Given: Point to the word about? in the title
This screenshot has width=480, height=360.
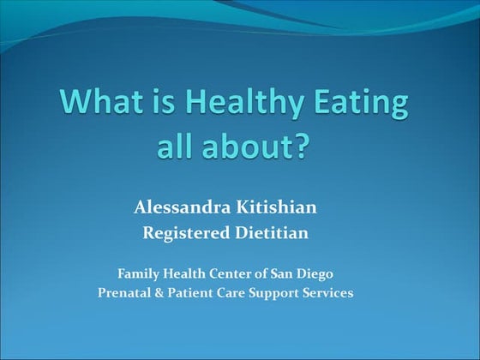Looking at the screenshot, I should coord(266,147).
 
